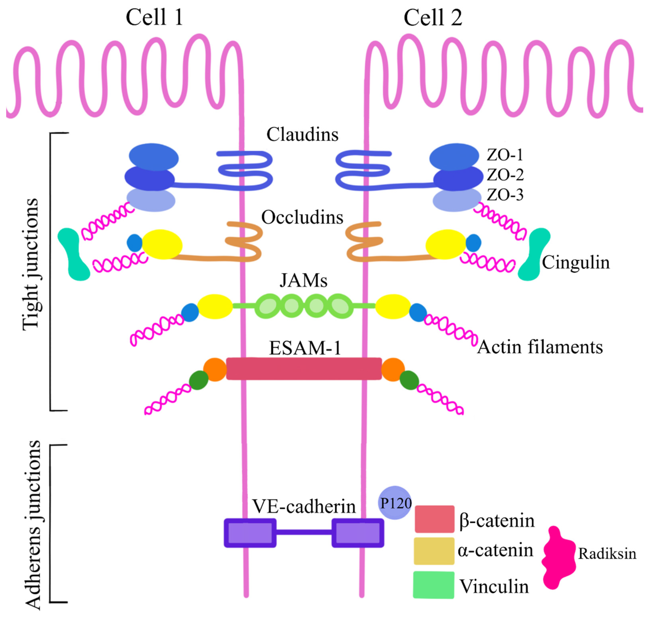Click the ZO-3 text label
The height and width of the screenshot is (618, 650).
coord(505,195)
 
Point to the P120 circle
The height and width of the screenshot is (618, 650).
coord(395,503)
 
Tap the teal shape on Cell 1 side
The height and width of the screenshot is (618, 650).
coord(74,255)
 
